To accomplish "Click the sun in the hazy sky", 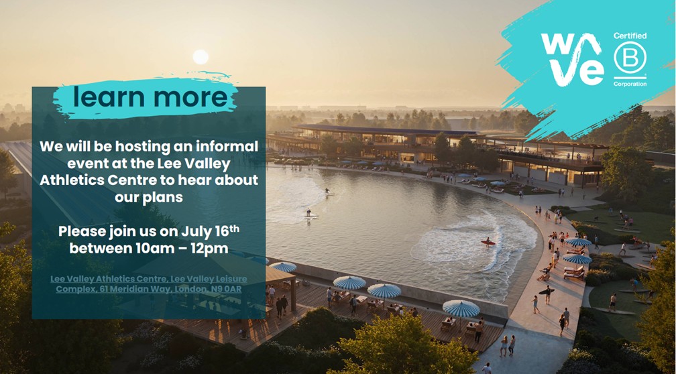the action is click(x=201, y=57).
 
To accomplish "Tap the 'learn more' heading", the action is click(x=150, y=97).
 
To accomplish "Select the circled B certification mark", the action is click(x=630, y=59).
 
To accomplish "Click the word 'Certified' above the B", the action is click(x=630, y=36).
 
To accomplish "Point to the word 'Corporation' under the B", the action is click(x=630, y=84).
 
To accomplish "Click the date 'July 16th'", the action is click(x=210, y=231).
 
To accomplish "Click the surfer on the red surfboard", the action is click(x=488, y=242).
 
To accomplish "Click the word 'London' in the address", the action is click(x=190, y=289).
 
